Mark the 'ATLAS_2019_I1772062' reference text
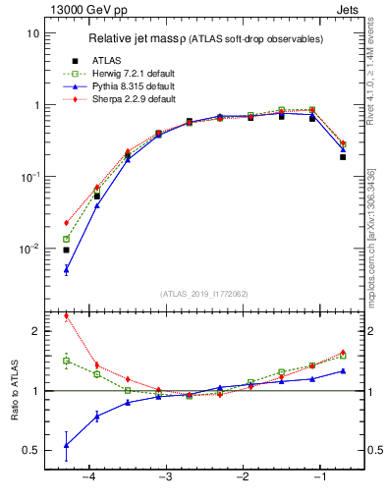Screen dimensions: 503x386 pos(203,293)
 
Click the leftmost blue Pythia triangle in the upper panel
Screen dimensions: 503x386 pos(66,269)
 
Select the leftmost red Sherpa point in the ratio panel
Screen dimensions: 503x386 pos(66,316)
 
